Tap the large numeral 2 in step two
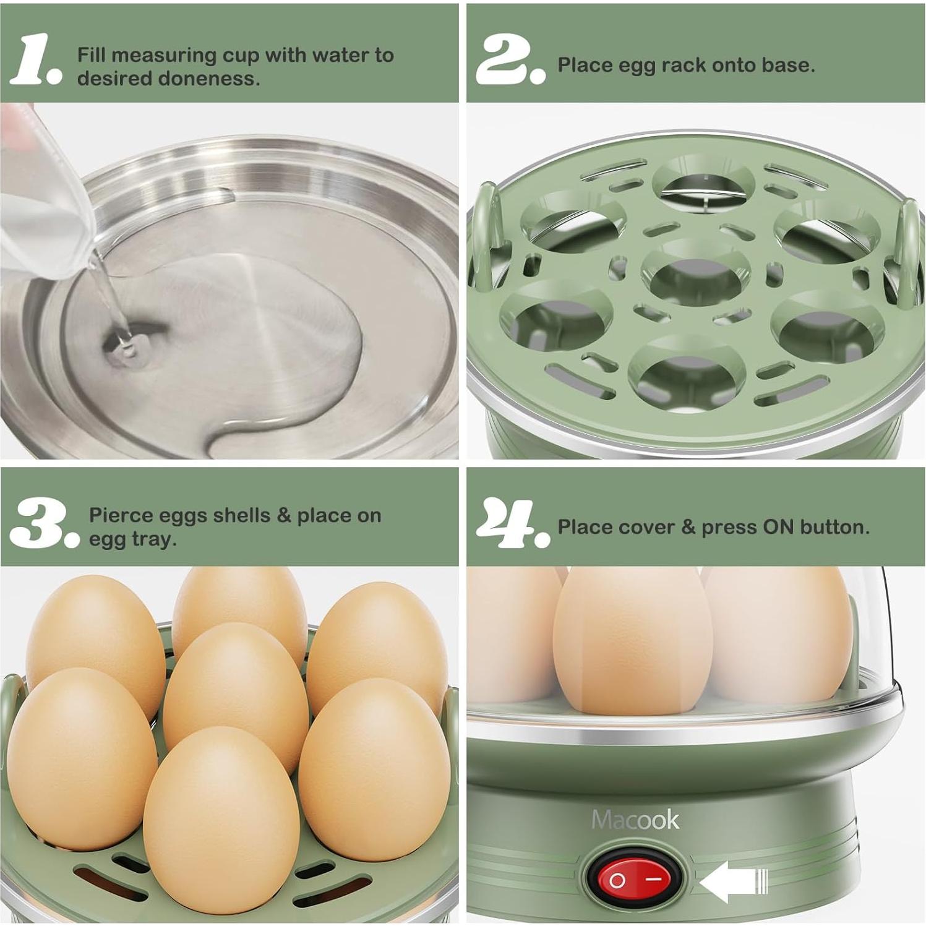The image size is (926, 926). (x=504, y=60)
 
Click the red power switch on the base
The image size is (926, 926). (x=635, y=879)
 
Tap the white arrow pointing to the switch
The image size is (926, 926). (x=733, y=881)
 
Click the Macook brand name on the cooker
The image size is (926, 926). (x=635, y=820)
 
